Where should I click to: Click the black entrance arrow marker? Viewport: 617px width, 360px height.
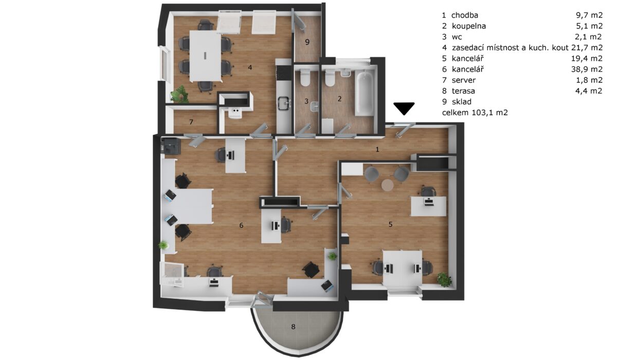coord(404,108)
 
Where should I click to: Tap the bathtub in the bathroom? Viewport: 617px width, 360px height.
coord(364,93)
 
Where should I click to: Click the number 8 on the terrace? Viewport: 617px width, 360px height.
coord(293,327)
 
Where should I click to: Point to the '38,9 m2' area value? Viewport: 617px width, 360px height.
coord(587,69)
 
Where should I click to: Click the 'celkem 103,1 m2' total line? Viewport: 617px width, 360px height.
coord(475,113)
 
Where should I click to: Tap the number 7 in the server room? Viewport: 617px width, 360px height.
coord(191,122)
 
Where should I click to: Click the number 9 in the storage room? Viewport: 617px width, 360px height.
coord(307,42)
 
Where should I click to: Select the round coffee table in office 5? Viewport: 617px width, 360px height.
coord(387,185)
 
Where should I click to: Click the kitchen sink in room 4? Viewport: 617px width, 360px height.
coord(284,104)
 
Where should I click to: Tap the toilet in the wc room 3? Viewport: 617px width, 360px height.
coord(305,78)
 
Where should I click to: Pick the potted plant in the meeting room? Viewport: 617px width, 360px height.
coord(179,94)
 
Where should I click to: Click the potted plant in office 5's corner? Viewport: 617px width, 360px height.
coord(444,279)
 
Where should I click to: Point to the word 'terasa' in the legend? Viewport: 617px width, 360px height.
coord(463,91)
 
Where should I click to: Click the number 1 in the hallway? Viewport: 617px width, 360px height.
coord(377,149)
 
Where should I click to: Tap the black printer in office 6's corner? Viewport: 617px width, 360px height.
coord(171,146)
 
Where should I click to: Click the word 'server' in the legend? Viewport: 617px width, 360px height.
coord(464,80)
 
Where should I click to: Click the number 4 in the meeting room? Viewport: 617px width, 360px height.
coord(250,67)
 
